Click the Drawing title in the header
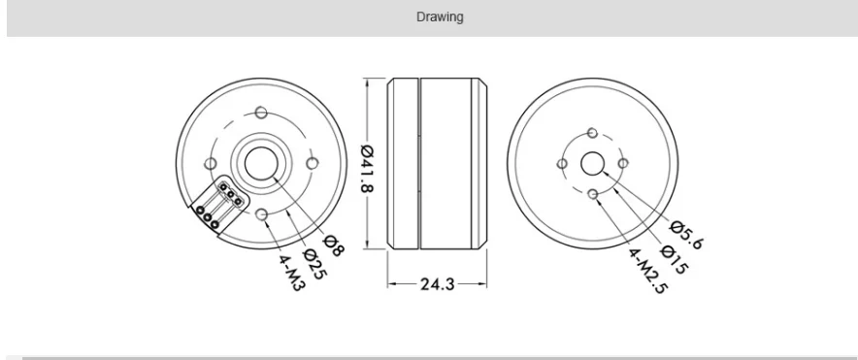440,16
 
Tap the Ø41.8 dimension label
367,168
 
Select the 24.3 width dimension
437,284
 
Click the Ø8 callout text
334,245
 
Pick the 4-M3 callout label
290,273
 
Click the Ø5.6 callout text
685,235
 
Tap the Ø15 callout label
675,259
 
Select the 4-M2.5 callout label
648,272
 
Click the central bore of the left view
260,163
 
